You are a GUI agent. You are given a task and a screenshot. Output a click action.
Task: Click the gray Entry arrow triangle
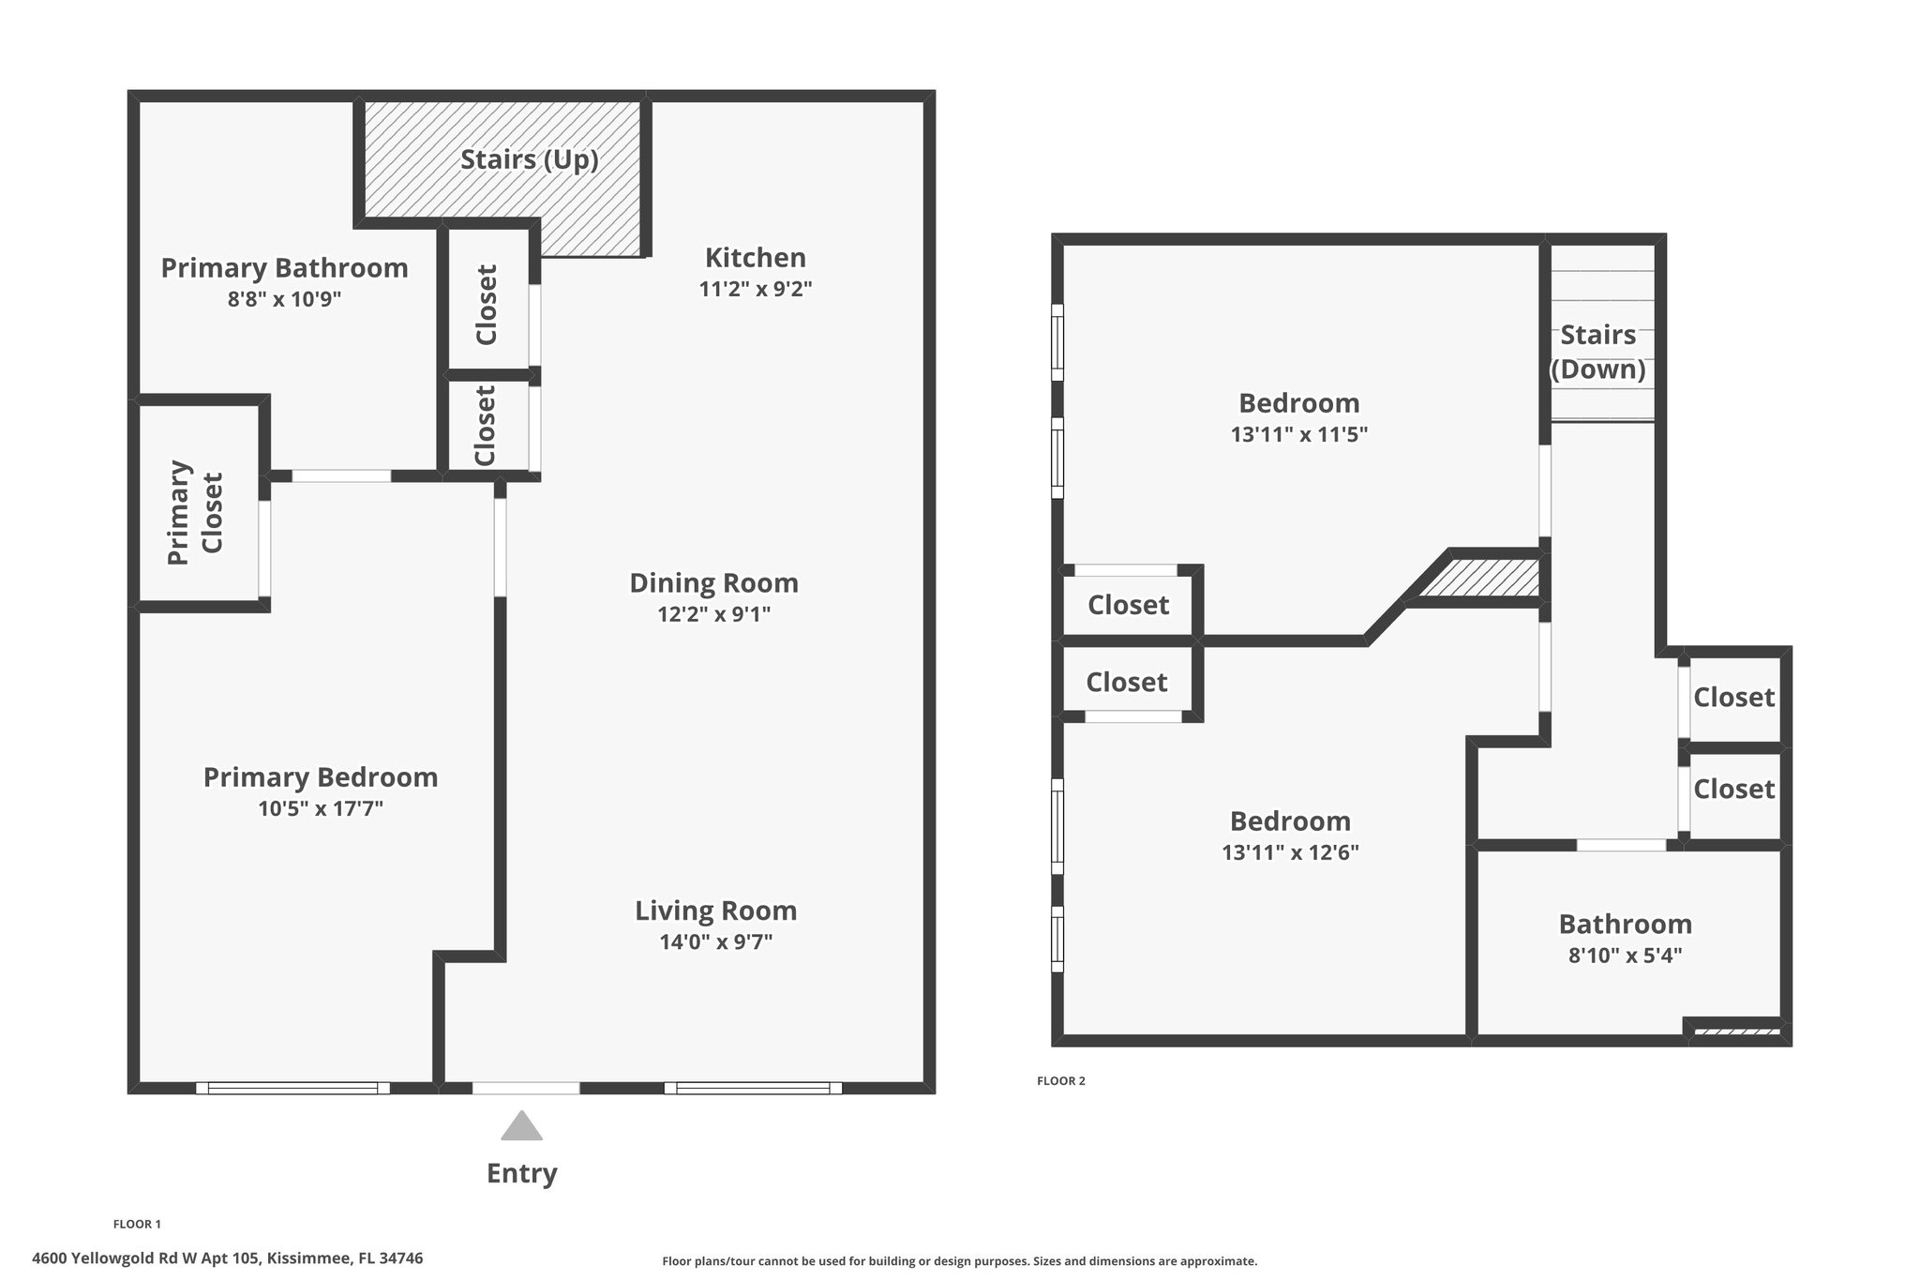[x=521, y=1126]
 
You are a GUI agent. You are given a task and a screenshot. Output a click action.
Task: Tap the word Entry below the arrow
[x=521, y=1173]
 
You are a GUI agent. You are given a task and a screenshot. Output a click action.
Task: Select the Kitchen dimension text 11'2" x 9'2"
[x=756, y=289]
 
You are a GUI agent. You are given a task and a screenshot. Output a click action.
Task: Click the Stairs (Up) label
[x=530, y=160]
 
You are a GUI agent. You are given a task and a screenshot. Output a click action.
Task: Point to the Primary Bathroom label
[x=284, y=268]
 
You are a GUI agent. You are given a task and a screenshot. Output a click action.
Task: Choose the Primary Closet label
[x=196, y=512]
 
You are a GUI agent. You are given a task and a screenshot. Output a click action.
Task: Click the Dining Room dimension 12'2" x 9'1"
[x=714, y=614]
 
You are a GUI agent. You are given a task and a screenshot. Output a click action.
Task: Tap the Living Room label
[x=716, y=911]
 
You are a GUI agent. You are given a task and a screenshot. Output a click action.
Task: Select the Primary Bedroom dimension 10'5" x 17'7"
[x=321, y=808]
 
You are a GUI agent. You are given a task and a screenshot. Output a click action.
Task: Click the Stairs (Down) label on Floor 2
[x=1598, y=353]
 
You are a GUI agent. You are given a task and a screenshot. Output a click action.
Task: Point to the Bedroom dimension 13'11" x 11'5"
[x=1299, y=435]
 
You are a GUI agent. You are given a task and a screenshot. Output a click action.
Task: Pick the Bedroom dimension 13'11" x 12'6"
[x=1291, y=853]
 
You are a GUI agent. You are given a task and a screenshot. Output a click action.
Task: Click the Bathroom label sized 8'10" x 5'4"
[x=1626, y=925]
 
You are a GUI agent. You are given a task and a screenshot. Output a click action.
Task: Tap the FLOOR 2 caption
[x=1061, y=1081]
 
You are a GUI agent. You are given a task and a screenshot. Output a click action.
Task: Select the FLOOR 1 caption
[x=137, y=1224]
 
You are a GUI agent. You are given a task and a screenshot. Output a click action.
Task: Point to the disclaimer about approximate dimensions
[x=960, y=1261]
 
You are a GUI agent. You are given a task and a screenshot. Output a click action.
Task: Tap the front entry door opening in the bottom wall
[x=526, y=1088]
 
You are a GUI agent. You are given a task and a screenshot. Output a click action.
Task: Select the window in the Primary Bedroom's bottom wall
[x=292, y=1088]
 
